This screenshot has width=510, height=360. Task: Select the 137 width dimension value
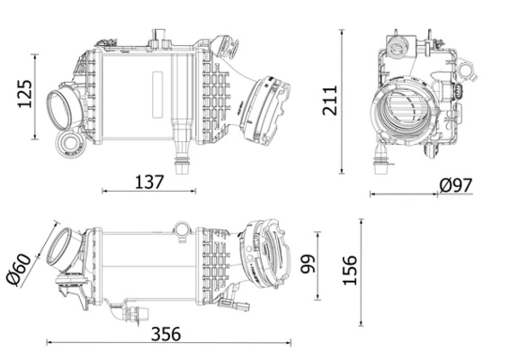pyautogui.click(x=148, y=182)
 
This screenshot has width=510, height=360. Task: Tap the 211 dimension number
pyautogui.click(x=328, y=100)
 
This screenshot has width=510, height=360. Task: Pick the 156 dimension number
pyautogui.click(x=350, y=270)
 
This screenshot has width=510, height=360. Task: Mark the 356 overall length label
pyautogui.click(x=165, y=333)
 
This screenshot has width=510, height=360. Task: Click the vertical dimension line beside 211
pyautogui.click(x=342, y=100)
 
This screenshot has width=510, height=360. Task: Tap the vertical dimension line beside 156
pyautogui.click(x=361, y=270)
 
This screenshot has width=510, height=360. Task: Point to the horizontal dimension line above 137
pyautogui.click(x=148, y=191)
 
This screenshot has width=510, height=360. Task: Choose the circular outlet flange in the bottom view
pyautogui.click(x=266, y=254)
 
